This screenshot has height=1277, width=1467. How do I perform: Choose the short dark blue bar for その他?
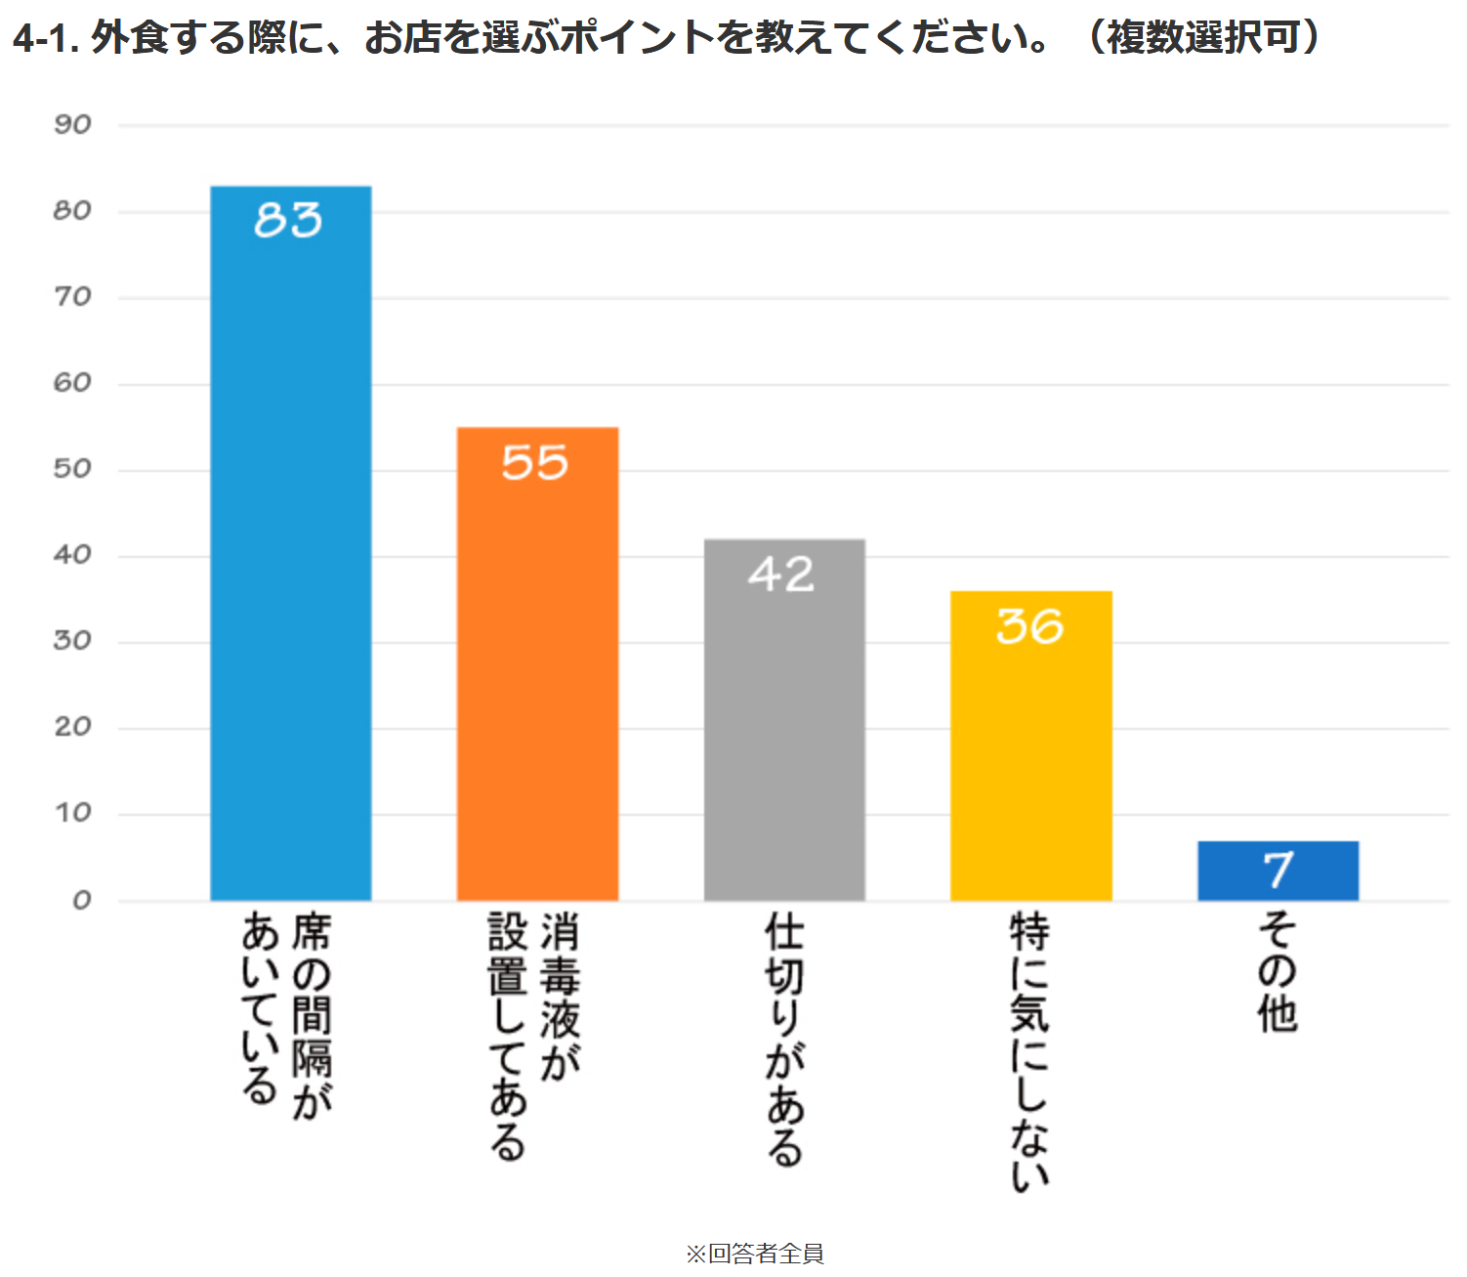[1278, 871]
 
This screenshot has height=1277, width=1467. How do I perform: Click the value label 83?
[288, 220]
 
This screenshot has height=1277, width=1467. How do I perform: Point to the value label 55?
[534, 462]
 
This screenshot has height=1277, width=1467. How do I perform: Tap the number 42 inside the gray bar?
[781, 574]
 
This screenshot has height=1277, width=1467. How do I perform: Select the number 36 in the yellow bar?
[1029, 626]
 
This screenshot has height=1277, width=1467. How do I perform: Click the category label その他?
[1278, 972]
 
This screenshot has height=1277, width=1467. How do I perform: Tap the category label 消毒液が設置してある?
[533, 1036]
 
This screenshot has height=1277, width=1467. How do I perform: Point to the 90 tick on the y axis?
[72, 125]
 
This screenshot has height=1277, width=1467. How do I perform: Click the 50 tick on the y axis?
[72, 469]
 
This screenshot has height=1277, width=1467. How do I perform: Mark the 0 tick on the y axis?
[82, 900]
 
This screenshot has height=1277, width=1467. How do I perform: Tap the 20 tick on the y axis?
[72, 727]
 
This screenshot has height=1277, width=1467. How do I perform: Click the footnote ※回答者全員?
[755, 1254]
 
